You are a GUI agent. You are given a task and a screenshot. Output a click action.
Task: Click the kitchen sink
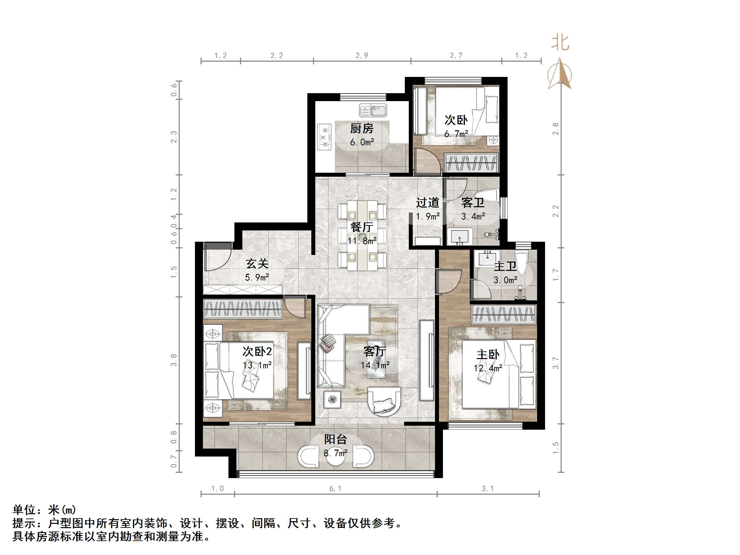coord(373,110)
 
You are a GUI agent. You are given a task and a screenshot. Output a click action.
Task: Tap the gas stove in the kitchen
coord(324,137)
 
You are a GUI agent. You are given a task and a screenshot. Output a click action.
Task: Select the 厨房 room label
coord(362,128)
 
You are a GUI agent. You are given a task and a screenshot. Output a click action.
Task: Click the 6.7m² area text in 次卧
coord(456,134)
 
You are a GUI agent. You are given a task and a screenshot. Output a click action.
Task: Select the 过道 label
coord(427,203)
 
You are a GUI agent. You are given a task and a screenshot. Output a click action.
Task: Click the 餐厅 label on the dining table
coord(362,227)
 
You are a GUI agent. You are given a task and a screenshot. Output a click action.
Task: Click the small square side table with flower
coord(332,400)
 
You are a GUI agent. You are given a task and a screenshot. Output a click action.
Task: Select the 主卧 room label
coord(488,355)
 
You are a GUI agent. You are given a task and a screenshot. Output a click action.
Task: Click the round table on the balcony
coord(336,455)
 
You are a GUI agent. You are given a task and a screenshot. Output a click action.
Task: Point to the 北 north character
coord(560,43)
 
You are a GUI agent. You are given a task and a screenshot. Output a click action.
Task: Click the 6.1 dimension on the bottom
coord(335,489)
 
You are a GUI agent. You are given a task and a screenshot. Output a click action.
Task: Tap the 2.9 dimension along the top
coord(362,56)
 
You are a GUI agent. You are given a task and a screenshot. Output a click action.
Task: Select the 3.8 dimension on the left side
coord(174,360)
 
